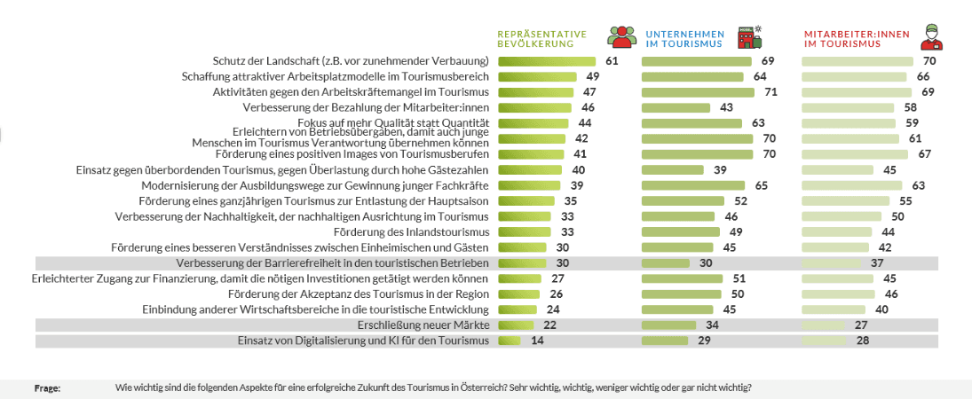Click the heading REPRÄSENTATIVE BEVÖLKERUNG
541,38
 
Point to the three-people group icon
622,36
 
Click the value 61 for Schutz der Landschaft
612,61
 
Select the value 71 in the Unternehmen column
770,92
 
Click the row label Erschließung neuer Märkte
423,325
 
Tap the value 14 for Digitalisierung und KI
537,340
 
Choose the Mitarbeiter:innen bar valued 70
857,61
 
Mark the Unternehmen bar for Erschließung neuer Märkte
668,325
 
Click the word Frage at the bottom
47,388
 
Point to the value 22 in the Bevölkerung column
549,325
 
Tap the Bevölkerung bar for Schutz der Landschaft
547,61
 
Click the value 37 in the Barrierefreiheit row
877,263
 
